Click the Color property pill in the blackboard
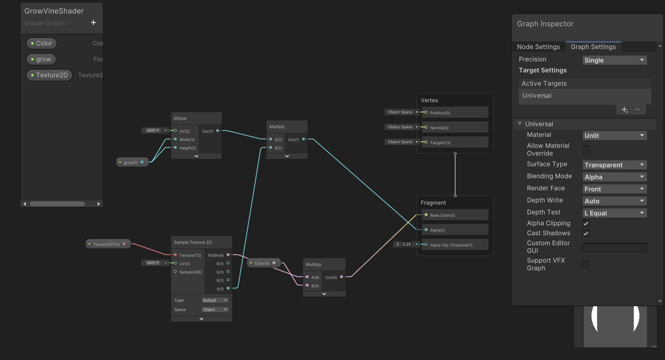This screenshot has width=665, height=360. click(41, 43)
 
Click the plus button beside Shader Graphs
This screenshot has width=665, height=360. click(93, 23)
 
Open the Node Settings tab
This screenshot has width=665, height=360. click(538, 47)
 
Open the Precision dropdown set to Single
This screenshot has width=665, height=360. click(614, 60)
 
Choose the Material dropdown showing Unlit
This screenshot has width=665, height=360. click(614, 136)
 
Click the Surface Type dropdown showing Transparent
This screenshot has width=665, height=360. click(614, 165)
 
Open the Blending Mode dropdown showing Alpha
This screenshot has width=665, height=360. click(614, 177)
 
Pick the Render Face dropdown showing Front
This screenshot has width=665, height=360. click(614, 189)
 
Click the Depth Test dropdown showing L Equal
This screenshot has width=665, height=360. click(614, 213)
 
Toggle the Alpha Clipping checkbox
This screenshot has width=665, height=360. click(586, 223)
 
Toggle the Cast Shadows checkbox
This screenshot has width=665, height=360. click(586, 233)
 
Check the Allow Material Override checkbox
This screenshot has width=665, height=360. click(586, 149)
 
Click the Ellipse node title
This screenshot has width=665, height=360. click(180, 118)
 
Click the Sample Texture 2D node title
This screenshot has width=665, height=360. click(193, 242)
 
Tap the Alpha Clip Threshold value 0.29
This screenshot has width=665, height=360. click(406, 244)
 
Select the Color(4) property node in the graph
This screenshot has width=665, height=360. click(262, 263)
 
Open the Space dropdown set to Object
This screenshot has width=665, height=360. click(215, 310)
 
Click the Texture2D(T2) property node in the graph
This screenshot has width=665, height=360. click(106, 244)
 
